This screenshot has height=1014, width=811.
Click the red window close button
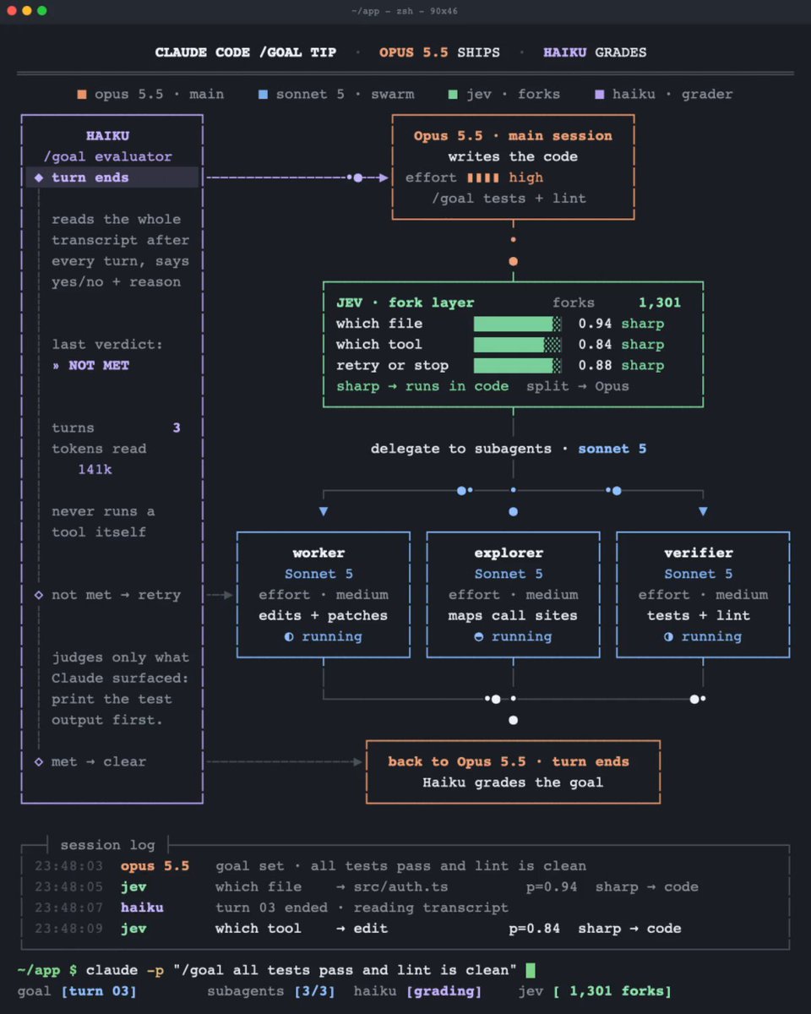[13, 11]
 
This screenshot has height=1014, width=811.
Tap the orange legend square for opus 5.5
[82, 95]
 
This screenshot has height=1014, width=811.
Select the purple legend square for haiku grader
[600, 95]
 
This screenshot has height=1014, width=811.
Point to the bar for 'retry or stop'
[517, 366]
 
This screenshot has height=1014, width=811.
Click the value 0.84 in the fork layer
[595, 345]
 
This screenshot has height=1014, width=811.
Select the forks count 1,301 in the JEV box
[659, 303]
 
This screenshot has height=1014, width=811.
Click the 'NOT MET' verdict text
[99, 365]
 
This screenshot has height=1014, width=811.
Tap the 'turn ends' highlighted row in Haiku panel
[112, 177]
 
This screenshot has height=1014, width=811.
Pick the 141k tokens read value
[95, 469]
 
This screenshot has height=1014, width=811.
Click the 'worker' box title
[318, 553]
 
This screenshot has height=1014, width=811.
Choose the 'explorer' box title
[509, 553]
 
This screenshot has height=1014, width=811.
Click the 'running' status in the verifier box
[711, 636]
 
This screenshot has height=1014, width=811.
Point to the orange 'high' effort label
[525, 177]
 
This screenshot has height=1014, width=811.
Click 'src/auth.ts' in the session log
[400, 886]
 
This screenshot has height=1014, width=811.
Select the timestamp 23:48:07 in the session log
[68, 908]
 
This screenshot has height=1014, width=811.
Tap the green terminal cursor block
[531, 970]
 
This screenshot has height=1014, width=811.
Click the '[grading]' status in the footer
[444, 991]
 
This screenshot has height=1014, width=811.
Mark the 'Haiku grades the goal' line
[513, 782]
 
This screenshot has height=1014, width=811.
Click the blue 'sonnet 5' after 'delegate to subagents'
[612, 449]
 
